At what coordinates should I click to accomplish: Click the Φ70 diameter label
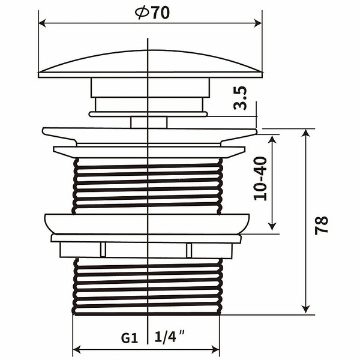[152, 13]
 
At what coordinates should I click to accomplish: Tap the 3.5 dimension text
[240, 98]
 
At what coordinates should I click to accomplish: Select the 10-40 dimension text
[260, 179]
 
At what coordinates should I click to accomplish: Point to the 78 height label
[322, 225]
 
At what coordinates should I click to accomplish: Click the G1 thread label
[130, 338]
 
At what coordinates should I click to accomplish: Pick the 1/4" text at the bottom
[170, 337]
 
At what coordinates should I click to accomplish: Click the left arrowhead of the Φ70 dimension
[42, 23]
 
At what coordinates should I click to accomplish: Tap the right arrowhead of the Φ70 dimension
[258, 23]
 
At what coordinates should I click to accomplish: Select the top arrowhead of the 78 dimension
[306, 133]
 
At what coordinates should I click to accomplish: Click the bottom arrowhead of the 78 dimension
[306, 309]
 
